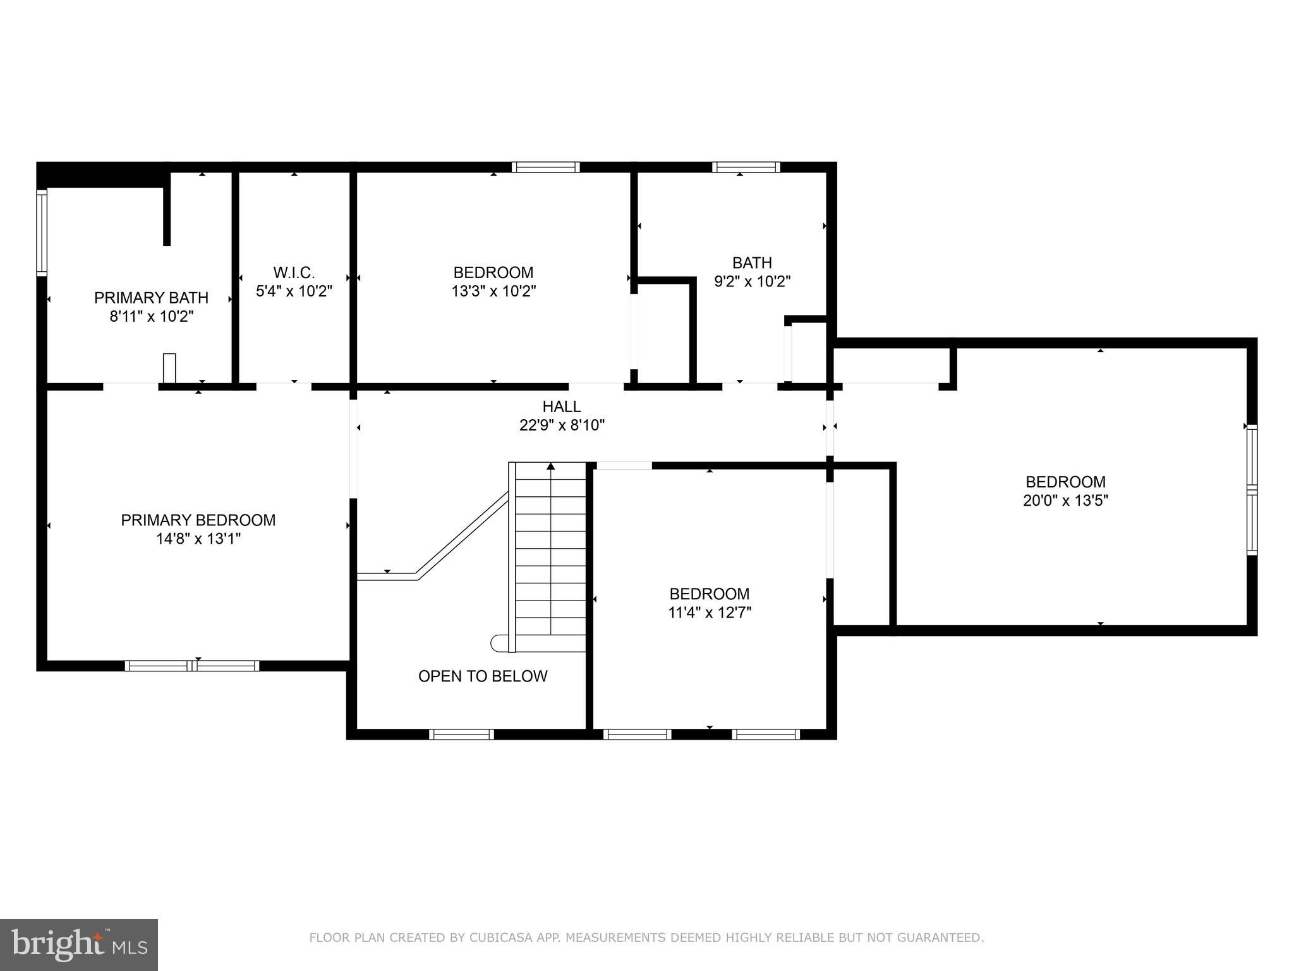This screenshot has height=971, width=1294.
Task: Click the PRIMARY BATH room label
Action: point(151,297)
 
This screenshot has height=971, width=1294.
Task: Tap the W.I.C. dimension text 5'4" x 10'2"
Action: point(294,291)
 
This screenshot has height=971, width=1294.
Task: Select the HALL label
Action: point(561,406)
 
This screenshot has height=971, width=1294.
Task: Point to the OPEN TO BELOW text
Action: point(483,676)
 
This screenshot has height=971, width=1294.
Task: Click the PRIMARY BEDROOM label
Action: point(198,520)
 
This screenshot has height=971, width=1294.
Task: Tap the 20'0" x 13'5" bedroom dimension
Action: point(1065,501)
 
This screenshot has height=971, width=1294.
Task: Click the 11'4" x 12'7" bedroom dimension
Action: point(709,613)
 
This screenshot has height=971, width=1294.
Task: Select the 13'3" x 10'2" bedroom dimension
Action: point(493,291)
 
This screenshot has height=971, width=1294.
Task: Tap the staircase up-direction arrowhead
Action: point(550,467)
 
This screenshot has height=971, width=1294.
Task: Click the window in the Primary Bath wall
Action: point(42,232)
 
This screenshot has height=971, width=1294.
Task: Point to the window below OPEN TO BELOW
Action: point(461,735)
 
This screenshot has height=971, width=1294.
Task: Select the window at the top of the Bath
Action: point(746,167)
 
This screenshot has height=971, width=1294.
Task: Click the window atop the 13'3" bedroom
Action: point(545,167)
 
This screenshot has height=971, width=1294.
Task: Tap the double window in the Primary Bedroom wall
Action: point(192,666)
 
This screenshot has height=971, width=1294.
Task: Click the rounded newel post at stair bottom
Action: point(499,643)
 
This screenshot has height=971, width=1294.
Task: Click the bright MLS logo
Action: point(78,944)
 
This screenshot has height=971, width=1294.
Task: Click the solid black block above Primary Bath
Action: point(101,175)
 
